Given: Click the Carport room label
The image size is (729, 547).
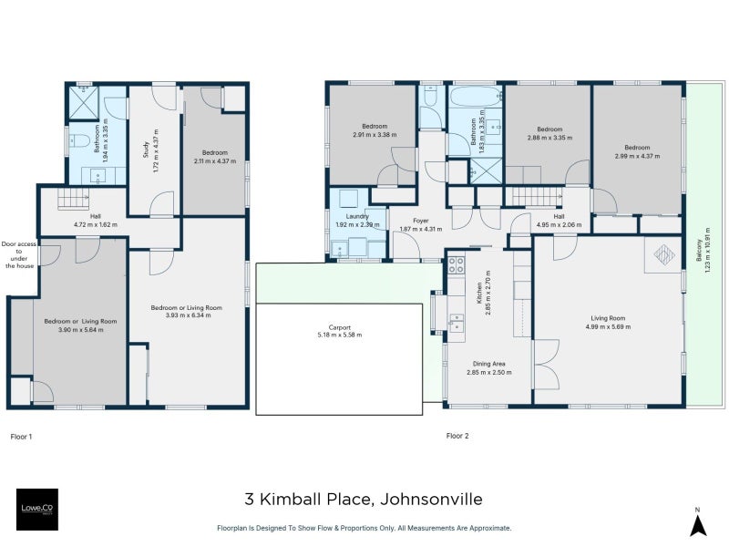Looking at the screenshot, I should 339,331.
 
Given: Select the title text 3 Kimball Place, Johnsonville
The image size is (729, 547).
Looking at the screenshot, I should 364,499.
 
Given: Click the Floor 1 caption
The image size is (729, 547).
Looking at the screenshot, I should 21,436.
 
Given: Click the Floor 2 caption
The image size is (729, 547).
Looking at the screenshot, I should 457,436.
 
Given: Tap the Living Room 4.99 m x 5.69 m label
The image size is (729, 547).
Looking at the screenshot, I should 608,322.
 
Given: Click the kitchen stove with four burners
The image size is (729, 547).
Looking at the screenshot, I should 456,265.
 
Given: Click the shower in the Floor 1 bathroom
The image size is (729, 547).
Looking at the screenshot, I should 83,103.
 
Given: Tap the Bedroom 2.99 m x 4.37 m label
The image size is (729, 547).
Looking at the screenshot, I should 637,151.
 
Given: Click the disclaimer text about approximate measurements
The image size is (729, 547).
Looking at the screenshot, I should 364,528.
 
